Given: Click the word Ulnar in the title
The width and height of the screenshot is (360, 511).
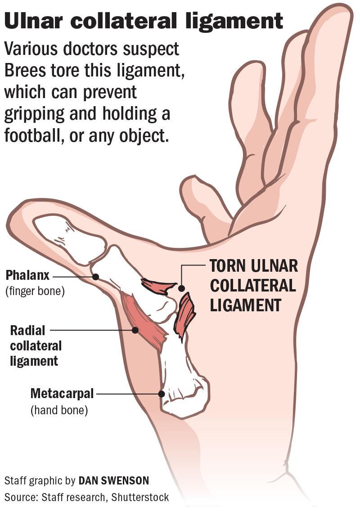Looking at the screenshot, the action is (35, 21).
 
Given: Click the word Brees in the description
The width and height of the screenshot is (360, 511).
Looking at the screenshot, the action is (25, 70).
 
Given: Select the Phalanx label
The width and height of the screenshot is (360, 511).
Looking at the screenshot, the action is (27, 275).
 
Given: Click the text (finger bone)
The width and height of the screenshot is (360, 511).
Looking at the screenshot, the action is (35, 291).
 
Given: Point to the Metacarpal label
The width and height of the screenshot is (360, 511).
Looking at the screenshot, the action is (62, 394).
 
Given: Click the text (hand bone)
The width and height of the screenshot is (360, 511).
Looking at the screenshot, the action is (59, 410).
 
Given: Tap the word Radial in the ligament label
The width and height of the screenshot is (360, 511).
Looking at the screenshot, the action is (27, 331).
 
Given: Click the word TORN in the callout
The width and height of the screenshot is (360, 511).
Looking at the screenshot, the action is (227, 265).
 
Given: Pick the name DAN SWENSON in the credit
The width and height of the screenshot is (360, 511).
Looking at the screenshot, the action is (114, 481).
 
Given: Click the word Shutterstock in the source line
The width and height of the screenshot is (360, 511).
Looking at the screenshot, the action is (140, 498).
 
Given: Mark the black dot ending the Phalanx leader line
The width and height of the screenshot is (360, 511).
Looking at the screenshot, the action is (95, 277).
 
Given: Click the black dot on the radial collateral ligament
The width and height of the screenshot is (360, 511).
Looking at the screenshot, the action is (135, 330).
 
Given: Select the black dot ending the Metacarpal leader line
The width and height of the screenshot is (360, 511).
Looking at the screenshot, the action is (162, 394).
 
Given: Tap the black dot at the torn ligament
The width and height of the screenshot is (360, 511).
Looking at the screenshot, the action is (181, 288).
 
